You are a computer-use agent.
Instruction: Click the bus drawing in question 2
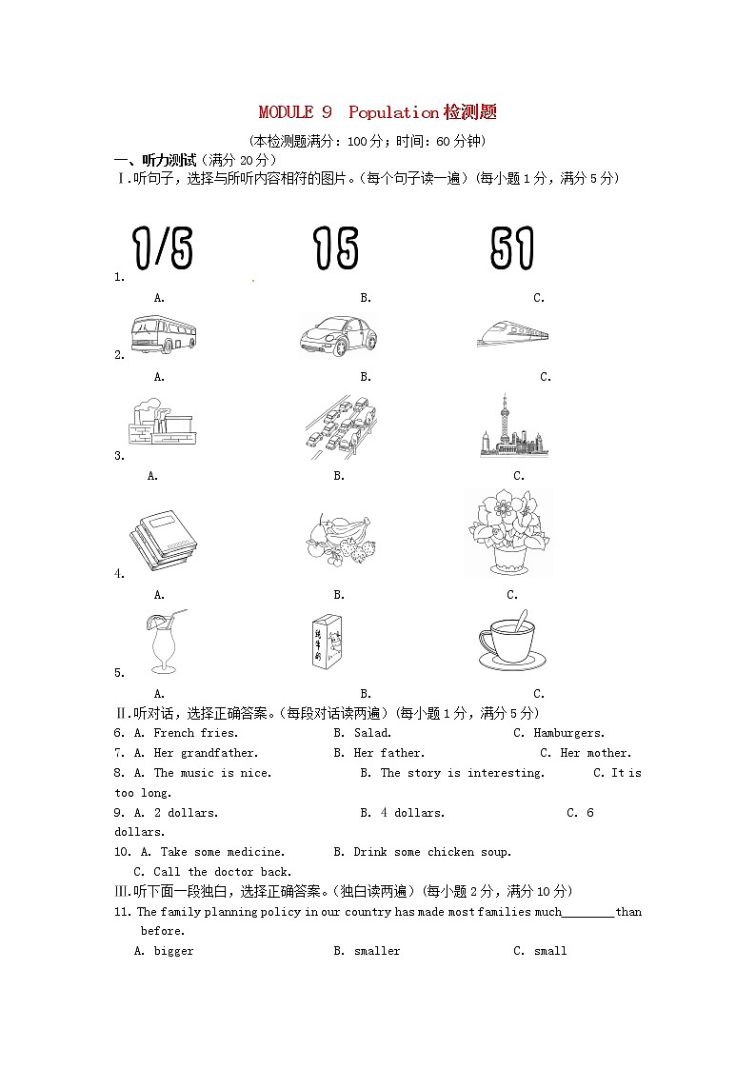(163, 334)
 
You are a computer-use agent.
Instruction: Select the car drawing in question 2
(337, 335)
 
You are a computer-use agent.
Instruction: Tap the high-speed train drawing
(512, 331)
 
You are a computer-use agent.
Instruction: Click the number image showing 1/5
(163, 249)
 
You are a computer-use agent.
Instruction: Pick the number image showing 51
(512, 249)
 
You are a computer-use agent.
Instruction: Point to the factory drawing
(162, 422)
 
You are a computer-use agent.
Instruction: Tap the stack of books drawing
(163, 540)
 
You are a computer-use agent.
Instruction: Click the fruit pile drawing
(339, 540)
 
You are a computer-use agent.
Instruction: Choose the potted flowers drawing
(509, 532)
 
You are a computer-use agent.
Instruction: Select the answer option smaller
(377, 951)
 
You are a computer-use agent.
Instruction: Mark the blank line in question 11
(588, 913)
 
